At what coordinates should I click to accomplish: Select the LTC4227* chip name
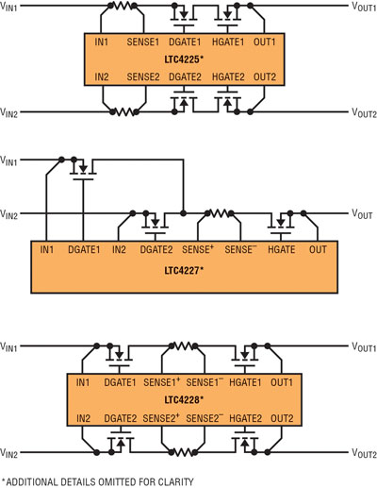point(184,270)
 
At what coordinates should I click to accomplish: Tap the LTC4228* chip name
point(184,400)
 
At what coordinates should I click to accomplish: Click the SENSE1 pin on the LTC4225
point(143,42)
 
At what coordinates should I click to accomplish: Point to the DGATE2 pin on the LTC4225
point(185,76)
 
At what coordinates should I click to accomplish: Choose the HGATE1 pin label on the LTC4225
point(228,42)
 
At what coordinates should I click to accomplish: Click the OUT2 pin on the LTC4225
point(265,76)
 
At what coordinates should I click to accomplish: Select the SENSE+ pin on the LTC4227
point(198,249)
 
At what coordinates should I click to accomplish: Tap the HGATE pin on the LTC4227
point(282,250)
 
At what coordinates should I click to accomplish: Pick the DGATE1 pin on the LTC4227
point(84,250)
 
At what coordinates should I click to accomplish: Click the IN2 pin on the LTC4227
point(119,250)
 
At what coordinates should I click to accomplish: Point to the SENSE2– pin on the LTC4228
point(205,418)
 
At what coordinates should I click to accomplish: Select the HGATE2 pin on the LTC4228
point(245,418)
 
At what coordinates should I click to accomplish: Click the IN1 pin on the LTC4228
point(83,382)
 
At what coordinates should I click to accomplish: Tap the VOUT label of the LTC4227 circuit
point(362,214)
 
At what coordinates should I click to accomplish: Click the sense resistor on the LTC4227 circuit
point(220,213)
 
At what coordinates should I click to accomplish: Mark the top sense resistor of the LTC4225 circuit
point(123,6)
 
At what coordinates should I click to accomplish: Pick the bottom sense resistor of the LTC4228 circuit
point(183,452)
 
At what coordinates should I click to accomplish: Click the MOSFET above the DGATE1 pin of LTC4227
point(83,169)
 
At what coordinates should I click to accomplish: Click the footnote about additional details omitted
point(98,481)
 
